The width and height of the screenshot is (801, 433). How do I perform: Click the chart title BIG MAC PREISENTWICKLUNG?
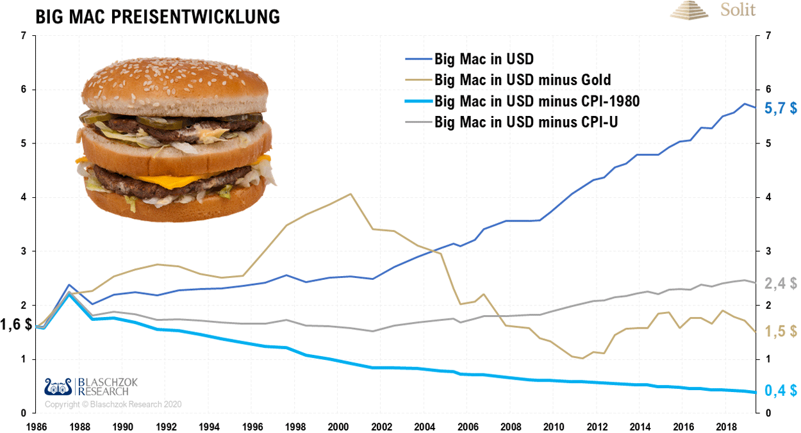tap(158, 17)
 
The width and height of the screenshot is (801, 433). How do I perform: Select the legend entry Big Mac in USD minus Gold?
tap(522, 80)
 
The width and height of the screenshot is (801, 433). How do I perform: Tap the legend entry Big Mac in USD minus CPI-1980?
tap(537, 101)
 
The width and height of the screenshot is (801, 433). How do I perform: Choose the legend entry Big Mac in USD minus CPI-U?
tap(525, 121)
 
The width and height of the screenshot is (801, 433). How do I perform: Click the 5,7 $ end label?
tap(781, 109)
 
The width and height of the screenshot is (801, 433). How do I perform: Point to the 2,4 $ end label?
tap(781, 284)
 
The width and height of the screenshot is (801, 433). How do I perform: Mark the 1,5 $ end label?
tap(781, 332)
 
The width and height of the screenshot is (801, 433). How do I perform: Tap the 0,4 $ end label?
tap(781, 391)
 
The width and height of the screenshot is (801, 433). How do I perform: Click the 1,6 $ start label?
tap(17, 325)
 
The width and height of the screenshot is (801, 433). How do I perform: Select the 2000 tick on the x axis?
tap(338, 426)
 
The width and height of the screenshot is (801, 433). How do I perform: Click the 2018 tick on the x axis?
tap(726, 426)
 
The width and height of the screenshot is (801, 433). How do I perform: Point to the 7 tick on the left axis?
tap(24, 36)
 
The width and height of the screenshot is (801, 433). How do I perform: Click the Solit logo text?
tap(738, 10)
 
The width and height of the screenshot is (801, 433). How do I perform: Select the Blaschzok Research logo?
tap(90, 386)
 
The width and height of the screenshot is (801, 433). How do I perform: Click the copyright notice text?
tap(113, 405)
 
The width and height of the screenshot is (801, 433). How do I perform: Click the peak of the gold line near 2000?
tap(351, 193)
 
